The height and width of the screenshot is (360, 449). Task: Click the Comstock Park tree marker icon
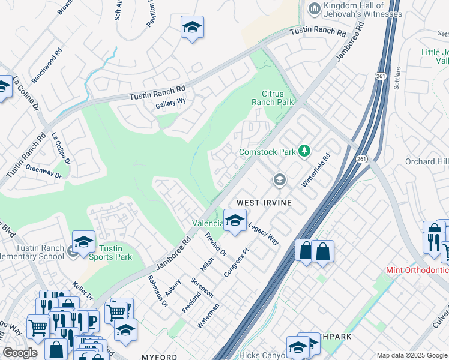pos(304,151)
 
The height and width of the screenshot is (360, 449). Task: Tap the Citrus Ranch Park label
pos(277,98)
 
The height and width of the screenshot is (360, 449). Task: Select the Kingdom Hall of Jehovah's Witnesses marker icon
pos(313,8)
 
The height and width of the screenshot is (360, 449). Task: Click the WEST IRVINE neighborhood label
pos(264,203)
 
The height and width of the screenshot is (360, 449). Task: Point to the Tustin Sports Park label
pos(110,253)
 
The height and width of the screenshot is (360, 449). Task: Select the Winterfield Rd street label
pos(316,171)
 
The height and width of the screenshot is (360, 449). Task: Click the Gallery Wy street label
pos(171,102)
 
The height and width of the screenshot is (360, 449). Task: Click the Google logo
pos(20,353)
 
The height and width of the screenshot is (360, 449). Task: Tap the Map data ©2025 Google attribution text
pos(412,355)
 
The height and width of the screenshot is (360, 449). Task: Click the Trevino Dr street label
pos(215,244)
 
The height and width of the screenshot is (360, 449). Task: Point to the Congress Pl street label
pos(236,263)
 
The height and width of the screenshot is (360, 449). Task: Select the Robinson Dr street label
pos(158,292)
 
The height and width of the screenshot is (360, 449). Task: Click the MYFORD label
pos(159,357)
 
